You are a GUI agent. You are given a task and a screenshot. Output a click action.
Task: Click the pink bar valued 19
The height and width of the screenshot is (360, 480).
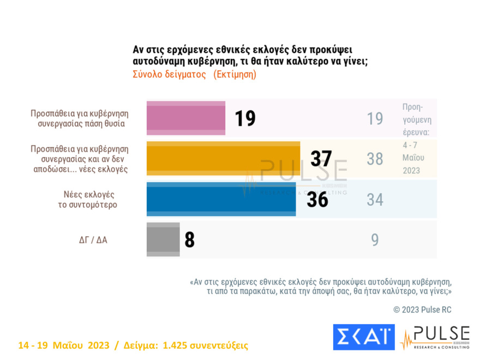(185, 118)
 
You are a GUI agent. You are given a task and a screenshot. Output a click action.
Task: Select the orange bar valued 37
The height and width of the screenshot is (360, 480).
(223, 159)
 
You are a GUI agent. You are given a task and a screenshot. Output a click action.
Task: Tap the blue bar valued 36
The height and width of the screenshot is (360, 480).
(221, 199)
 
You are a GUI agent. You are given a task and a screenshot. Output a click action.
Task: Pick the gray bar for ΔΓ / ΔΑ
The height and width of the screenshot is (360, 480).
(163, 239)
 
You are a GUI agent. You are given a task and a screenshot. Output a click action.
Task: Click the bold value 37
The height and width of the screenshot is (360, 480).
(321, 159)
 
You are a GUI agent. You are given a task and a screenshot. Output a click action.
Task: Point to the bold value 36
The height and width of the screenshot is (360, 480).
(317, 200)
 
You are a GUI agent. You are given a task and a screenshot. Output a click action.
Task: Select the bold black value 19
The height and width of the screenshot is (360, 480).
(245, 118)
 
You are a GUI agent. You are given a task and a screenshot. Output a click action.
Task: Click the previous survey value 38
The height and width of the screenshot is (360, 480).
(375, 159)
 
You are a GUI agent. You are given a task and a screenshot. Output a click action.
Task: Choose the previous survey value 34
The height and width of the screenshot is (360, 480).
(375, 200)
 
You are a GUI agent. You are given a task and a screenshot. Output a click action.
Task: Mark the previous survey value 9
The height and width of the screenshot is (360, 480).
(375, 240)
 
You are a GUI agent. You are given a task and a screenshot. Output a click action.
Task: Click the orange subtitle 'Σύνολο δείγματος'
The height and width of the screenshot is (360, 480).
(169, 75)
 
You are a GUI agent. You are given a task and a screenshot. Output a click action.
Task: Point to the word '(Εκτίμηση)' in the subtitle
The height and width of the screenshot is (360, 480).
(235, 75)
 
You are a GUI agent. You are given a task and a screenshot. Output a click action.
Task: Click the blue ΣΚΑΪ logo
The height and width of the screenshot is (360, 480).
(363, 337)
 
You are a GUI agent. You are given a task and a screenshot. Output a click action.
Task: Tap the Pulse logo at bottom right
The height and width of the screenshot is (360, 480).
(435, 337)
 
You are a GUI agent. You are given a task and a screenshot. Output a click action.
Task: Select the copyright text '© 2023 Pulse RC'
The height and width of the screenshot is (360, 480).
(422, 310)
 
